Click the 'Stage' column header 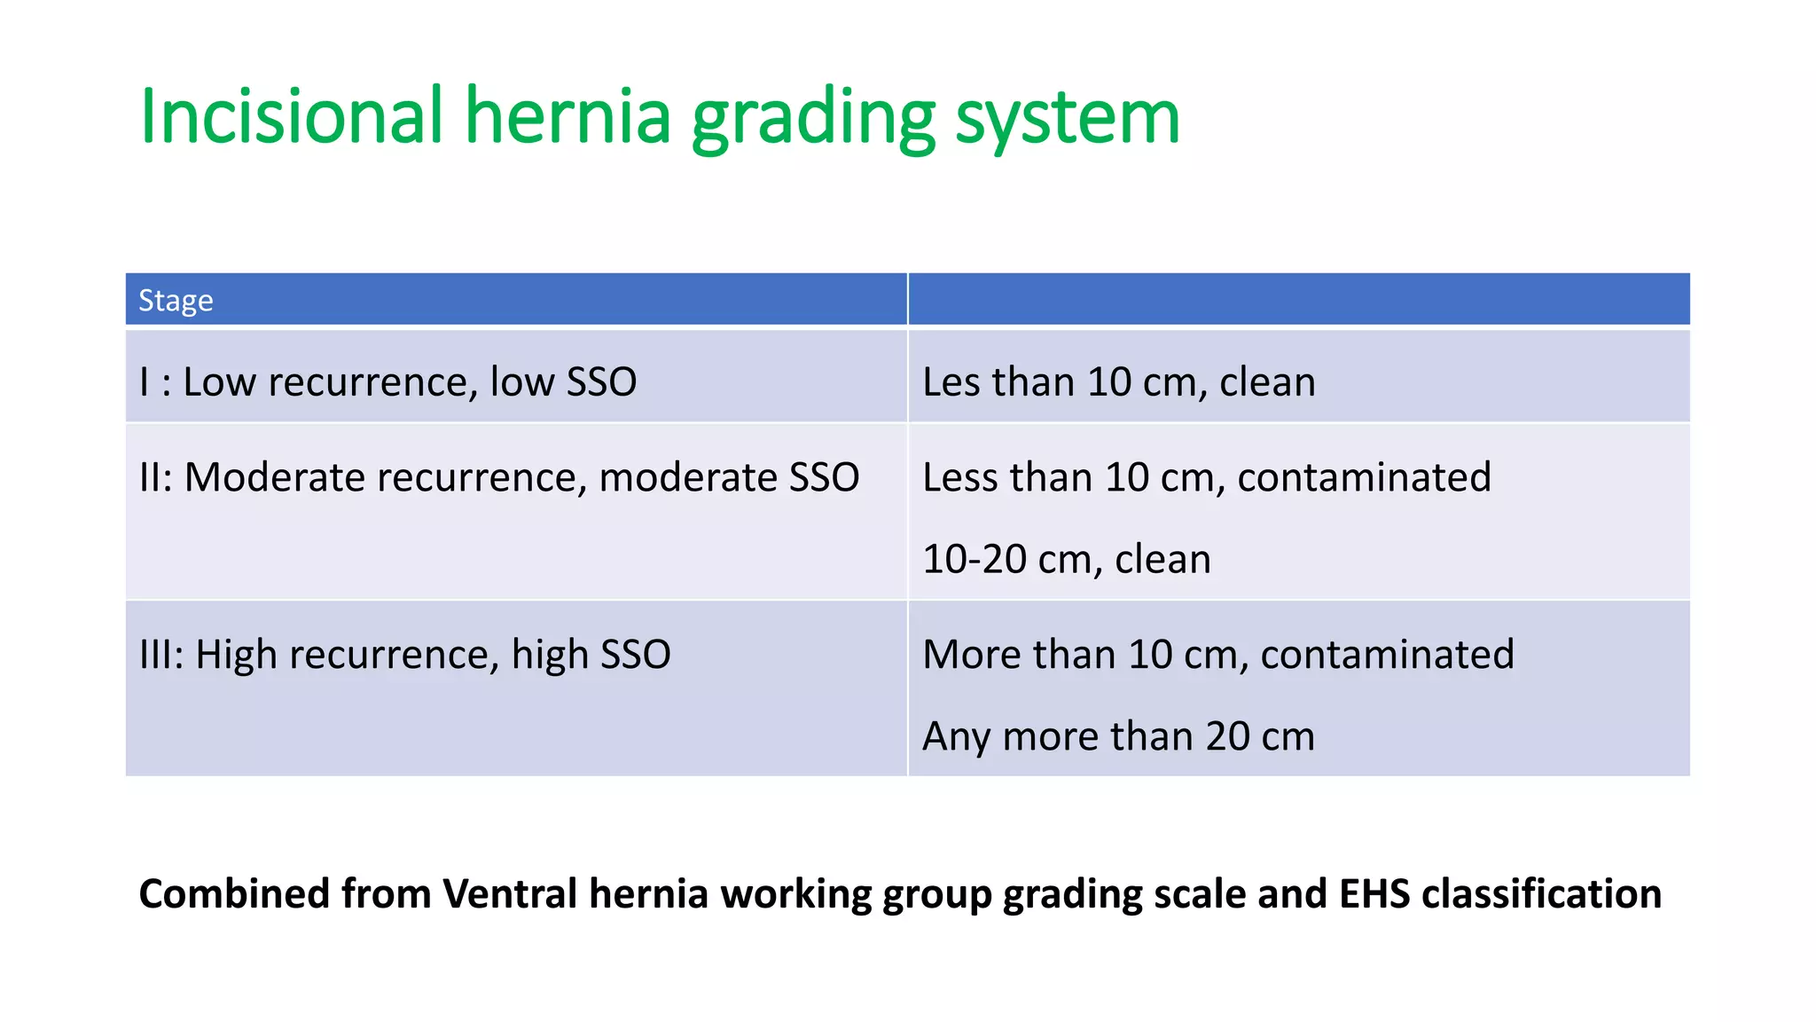(176, 301)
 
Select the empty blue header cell (1298, 300)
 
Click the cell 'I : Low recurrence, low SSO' (387, 382)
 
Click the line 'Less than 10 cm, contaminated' (1206, 477)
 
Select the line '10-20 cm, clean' (1066, 560)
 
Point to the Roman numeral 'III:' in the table (161, 655)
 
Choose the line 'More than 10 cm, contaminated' (1217, 655)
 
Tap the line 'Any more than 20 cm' (1118, 736)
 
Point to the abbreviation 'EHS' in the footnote (1374, 894)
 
